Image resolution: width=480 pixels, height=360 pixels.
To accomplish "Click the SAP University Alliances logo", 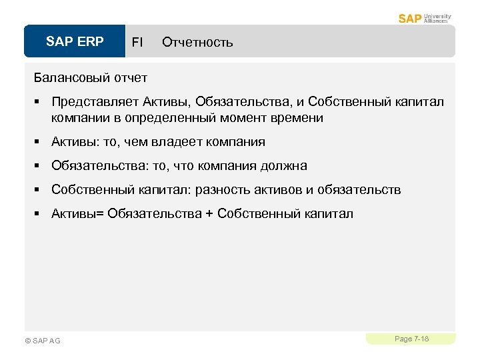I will tap(425, 18).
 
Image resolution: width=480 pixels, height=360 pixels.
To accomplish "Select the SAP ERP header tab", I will tap(75, 42).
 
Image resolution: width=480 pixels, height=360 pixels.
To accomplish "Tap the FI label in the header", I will tap(137, 43).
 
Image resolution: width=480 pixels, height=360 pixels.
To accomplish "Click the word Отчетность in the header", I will tap(197, 43).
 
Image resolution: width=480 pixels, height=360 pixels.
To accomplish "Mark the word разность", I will tap(222, 190).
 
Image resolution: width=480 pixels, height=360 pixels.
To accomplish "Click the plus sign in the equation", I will tap(209, 214).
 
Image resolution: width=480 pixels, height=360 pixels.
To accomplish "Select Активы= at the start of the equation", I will tap(77, 214).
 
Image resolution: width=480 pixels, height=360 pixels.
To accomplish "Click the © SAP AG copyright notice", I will tap(42, 341).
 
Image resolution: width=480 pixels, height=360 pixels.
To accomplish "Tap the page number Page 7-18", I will tap(411, 339).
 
